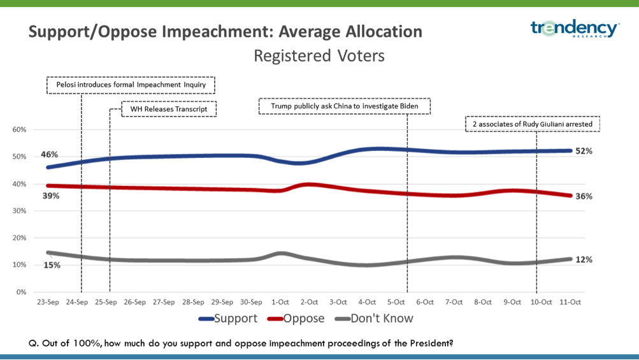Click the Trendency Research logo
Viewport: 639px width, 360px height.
(x=575, y=29)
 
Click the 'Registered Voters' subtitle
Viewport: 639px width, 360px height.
(x=319, y=56)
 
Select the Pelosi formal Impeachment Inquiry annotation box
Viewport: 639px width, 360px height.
(x=131, y=85)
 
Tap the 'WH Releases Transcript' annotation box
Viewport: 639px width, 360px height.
(x=169, y=109)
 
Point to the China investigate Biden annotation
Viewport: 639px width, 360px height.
(x=345, y=106)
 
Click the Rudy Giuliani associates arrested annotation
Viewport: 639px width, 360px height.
(x=533, y=124)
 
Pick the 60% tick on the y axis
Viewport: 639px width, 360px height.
(x=19, y=130)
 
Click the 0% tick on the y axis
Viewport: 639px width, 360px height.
(x=21, y=292)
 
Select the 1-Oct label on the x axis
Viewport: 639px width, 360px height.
(x=280, y=302)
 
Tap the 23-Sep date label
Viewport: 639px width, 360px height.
(x=48, y=302)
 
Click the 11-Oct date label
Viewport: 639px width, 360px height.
(x=569, y=302)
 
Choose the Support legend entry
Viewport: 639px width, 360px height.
(x=229, y=319)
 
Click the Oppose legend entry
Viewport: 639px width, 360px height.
(x=296, y=319)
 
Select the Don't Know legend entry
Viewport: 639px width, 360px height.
(x=374, y=319)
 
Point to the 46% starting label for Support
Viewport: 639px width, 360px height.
(x=50, y=155)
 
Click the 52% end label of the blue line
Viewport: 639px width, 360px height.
(x=584, y=151)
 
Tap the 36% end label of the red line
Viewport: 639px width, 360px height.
(x=584, y=196)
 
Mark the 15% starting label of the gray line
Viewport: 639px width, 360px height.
(x=52, y=265)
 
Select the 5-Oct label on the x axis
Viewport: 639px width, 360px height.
(x=396, y=302)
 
